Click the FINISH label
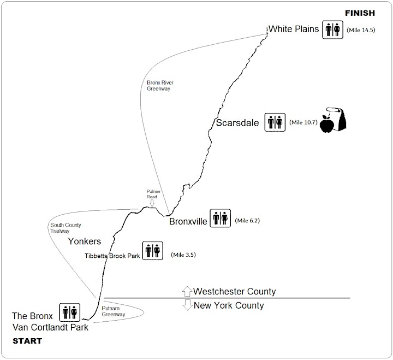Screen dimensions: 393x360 point(360,13)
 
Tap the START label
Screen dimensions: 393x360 point(27,341)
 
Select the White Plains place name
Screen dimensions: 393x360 point(294,29)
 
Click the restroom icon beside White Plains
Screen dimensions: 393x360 point(332,29)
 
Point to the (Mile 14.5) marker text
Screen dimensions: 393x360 point(361,30)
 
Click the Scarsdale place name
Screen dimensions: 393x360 point(237,123)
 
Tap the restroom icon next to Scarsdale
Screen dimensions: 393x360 point(275,122)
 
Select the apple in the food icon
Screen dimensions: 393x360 point(327,124)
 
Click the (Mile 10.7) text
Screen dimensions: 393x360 point(303,122)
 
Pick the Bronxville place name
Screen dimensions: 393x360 point(188,222)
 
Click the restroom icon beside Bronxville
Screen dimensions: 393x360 point(220,219)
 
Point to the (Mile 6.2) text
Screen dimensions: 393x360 point(247,221)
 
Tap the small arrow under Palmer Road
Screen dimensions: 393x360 point(152,203)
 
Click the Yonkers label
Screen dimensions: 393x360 point(85,241)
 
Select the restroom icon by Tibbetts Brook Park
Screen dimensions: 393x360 point(153,251)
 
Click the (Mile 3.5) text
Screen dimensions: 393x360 point(183,255)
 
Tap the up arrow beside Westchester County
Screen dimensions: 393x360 point(187,291)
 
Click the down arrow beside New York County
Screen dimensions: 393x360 point(187,305)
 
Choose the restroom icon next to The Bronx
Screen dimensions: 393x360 point(70,312)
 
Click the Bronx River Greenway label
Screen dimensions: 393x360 point(160,86)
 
